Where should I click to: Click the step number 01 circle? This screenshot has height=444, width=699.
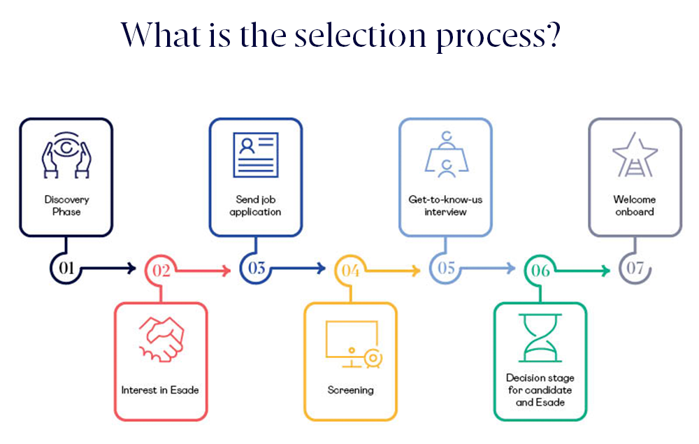point(66,268)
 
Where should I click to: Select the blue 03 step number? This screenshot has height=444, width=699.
point(256,268)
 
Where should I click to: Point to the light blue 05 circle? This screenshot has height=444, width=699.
point(446,268)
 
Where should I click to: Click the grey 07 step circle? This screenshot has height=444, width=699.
point(635,268)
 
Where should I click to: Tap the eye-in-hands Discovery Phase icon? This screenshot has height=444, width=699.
point(66,155)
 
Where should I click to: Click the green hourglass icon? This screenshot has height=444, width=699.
point(540,338)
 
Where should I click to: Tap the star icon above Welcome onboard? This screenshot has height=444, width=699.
point(635,155)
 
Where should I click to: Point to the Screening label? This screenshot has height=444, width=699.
point(350,389)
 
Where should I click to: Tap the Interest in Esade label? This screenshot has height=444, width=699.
point(160,389)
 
